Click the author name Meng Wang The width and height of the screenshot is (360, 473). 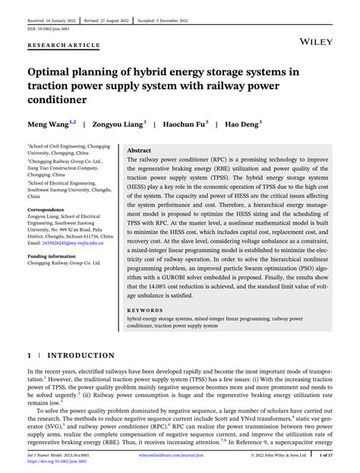pos(49,122)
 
